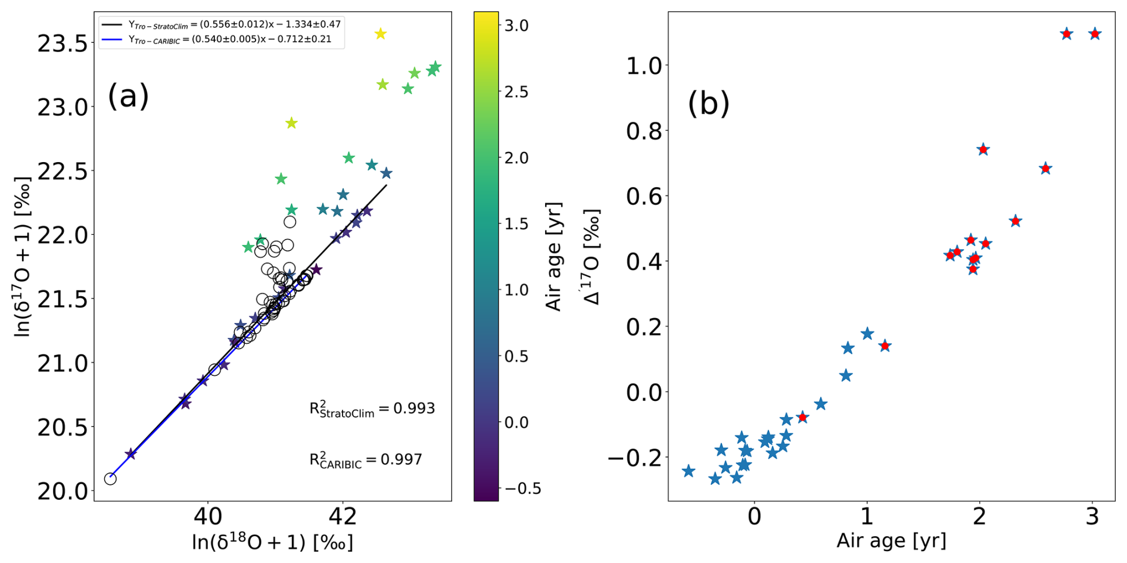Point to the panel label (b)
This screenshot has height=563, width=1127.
(x=708, y=104)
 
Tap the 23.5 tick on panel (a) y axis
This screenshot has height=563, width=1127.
(x=62, y=43)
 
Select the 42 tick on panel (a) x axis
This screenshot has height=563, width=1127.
(x=343, y=516)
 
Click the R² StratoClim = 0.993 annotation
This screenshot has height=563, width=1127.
(x=372, y=409)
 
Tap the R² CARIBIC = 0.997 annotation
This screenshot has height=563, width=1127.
(x=365, y=460)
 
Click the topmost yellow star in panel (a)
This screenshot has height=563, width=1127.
(x=381, y=34)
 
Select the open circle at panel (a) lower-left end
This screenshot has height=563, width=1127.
(x=110, y=479)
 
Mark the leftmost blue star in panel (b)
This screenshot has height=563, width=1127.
(x=689, y=471)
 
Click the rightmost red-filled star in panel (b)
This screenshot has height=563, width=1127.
(x=1095, y=34)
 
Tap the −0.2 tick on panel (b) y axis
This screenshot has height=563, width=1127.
(x=635, y=458)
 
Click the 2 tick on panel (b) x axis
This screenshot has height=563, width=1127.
(x=979, y=516)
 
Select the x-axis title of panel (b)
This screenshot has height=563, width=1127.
(x=891, y=540)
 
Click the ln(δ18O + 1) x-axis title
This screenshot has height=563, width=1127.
(x=272, y=542)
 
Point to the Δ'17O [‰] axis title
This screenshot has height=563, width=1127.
(x=592, y=256)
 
